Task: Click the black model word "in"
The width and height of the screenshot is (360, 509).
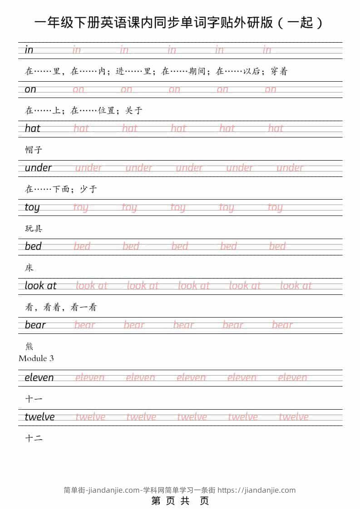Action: click(29, 50)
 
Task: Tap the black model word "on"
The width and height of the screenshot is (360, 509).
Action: click(30, 89)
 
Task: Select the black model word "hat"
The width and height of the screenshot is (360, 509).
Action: click(33, 128)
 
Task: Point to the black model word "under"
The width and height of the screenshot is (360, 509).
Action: click(38, 168)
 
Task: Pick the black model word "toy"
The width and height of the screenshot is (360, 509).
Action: click(32, 207)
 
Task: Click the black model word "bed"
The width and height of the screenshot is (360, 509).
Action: click(33, 246)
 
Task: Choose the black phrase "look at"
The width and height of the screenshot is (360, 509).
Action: click(40, 286)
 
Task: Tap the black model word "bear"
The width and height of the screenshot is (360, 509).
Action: click(35, 325)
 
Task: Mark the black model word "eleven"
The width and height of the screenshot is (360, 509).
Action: click(39, 377)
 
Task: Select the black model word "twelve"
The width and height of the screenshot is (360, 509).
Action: click(39, 417)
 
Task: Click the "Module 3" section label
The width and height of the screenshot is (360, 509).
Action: click(36, 358)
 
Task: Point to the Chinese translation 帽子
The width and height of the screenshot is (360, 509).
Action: click(34, 150)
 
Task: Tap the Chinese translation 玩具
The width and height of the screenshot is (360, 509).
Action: click(34, 228)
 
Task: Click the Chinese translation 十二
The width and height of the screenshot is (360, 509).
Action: click(34, 438)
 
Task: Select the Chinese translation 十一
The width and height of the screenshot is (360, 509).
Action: click(34, 399)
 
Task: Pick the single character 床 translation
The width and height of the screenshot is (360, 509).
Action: click(29, 268)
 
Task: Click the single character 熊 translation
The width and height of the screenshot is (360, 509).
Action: click(29, 346)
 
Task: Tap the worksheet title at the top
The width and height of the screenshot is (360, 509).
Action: click(180, 23)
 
